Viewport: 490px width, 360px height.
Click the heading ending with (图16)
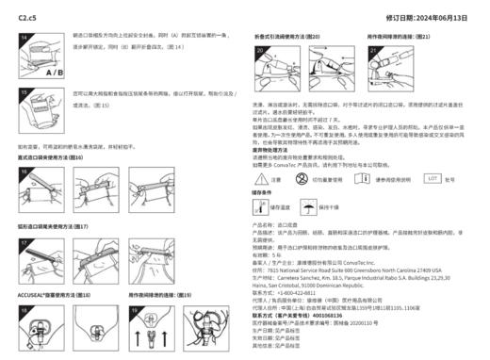tap(51, 157)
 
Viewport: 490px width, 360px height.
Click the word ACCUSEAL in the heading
tap(34, 294)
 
